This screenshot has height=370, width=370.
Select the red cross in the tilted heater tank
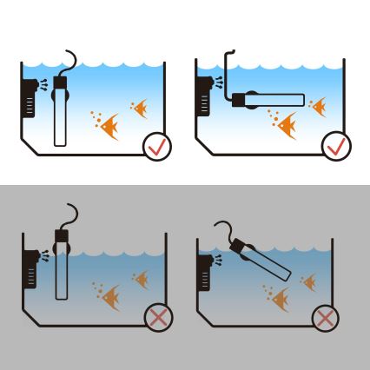pos(326,318)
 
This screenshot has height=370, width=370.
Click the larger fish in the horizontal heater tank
pos(288,127)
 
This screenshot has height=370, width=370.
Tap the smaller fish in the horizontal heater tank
pos(318,106)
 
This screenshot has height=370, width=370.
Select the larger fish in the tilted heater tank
pos(279,301)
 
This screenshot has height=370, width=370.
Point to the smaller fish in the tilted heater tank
pos(309,281)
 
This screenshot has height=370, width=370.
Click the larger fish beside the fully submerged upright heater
pos(109,129)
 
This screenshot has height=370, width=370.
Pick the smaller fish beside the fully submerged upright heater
pos(140,108)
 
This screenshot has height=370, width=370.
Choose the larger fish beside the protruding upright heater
pos(110,300)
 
